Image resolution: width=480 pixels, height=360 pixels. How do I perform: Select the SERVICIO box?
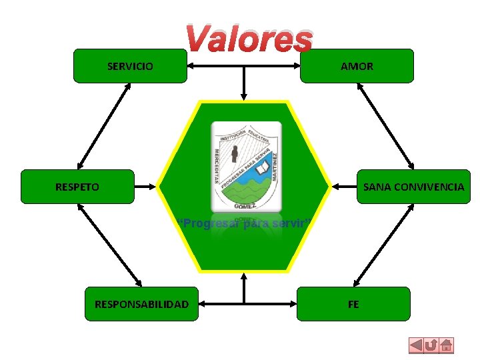click(130, 66)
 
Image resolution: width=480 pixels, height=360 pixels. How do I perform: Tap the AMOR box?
click(357, 66)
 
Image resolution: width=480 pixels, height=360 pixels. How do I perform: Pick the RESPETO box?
click(77, 187)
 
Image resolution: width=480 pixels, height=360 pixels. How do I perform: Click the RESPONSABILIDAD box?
click(141, 304)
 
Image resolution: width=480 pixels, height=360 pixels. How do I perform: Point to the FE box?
click(353, 304)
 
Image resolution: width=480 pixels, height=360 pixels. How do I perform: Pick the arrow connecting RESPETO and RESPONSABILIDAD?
click(109, 245)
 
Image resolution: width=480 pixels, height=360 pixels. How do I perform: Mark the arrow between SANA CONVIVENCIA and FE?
click(382, 245)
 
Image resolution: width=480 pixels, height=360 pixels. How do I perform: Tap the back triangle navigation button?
click(415, 346)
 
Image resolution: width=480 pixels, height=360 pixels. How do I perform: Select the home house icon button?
click(447, 346)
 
